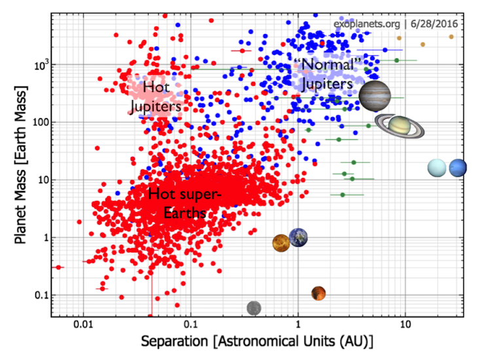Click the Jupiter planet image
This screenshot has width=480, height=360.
[375, 96]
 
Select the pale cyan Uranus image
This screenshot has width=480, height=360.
[437, 168]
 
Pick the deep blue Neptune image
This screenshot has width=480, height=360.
[457, 168]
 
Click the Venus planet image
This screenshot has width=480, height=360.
[282, 243]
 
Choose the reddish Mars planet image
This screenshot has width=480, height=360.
[318, 293]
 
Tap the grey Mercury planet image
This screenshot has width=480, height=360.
[254, 308]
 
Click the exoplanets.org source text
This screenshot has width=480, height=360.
[364, 24]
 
